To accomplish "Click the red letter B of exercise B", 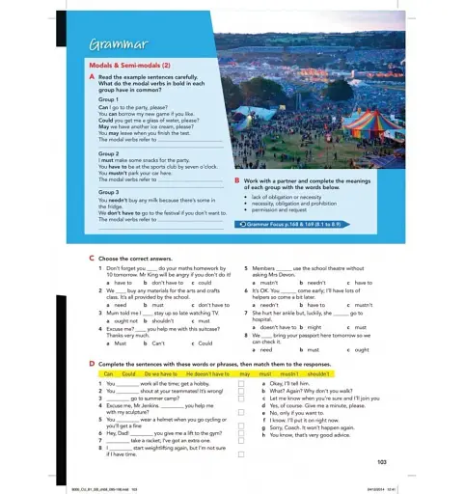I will click(x=237, y=180).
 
